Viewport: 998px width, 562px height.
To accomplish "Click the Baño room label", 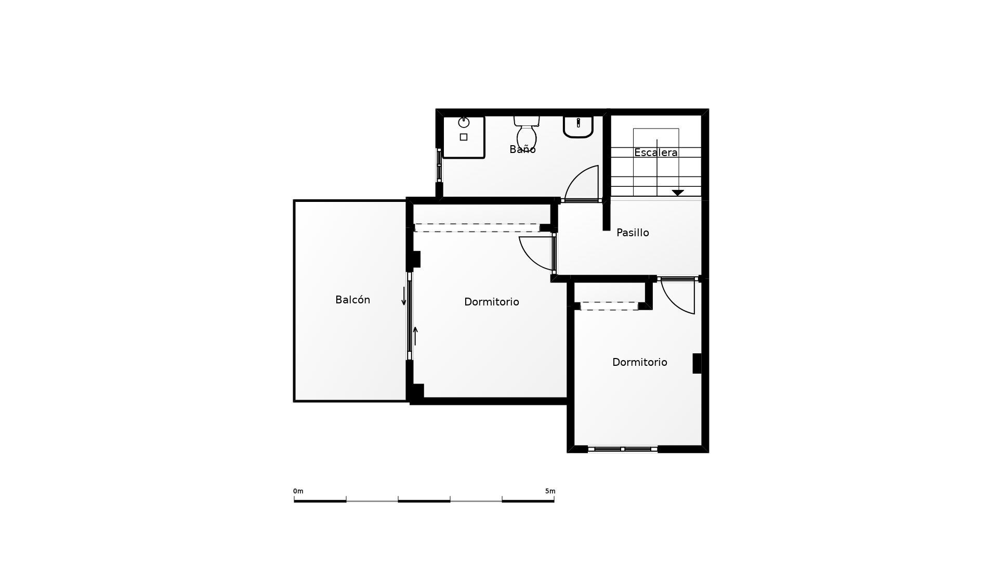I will [x=522, y=149].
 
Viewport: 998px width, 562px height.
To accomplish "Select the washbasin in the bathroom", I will [x=578, y=126].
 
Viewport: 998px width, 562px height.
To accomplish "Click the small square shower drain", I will [x=464, y=137].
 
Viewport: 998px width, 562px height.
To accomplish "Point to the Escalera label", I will [x=655, y=152].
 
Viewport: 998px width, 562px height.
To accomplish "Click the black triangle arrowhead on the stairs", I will [x=678, y=193].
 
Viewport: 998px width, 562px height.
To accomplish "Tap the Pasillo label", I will [x=633, y=233].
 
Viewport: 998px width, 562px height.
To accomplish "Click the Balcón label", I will [x=352, y=300].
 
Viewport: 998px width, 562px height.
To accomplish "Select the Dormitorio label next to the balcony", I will [x=491, y=302].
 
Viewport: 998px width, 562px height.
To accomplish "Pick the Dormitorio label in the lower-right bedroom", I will [x=639, y=362].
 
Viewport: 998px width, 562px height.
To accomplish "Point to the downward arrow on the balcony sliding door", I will [x=404, y=296].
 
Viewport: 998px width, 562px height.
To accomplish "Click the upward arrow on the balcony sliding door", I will [x=415, y=336].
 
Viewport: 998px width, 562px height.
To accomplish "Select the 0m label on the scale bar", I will [x=298, y=491].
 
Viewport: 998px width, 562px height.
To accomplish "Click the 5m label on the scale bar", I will [x=550, y=491].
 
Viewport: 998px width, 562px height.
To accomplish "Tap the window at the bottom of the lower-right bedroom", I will [x=622, y=449].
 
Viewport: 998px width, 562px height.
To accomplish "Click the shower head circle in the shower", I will [x=464, y=123].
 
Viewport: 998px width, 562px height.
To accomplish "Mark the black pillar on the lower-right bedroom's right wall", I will [x=697, y=363].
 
